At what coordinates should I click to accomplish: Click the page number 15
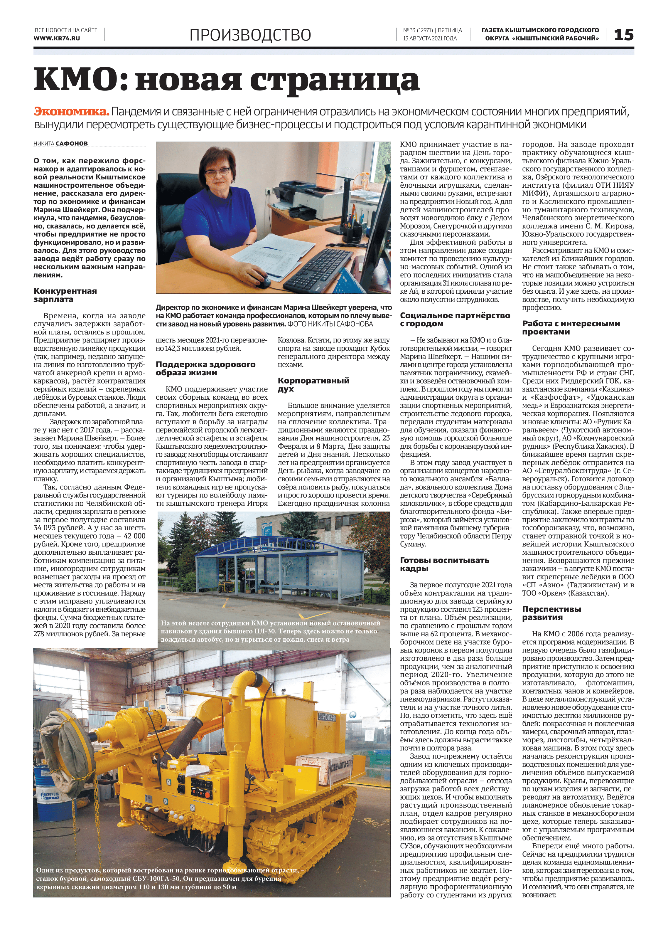[624, 35]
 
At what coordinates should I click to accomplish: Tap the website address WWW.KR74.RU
[57, 38]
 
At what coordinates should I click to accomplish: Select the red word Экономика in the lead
[71, 111]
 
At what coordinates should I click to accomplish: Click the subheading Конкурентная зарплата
[65, 295]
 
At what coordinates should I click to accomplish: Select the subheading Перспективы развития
[551, 613]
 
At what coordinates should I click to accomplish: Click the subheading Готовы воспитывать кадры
[444, 564]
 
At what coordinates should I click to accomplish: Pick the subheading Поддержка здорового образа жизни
[205, 368]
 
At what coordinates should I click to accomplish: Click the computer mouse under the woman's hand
[261, 281]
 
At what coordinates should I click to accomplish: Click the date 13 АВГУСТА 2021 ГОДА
[430, 38]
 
